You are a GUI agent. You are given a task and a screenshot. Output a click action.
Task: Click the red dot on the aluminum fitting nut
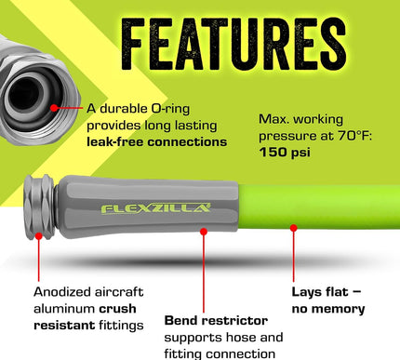(x=39, y=235)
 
